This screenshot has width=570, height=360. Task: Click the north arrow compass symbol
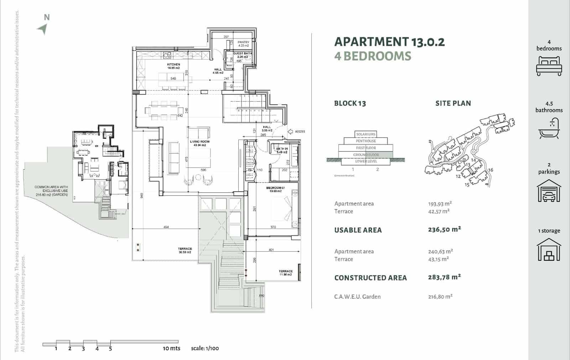[43, 29]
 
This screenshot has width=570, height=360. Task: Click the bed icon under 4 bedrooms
[549, 67]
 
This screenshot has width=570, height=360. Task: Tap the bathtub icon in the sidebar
[549, 129]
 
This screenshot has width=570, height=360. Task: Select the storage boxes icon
[549, 250]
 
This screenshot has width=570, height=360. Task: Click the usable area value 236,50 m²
[444, 229]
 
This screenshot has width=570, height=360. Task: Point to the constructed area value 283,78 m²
[444, 277]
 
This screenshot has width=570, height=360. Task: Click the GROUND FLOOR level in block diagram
[366, 155]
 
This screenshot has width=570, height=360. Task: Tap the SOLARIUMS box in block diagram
[366, 134]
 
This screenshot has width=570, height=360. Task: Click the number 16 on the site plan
[491, 170]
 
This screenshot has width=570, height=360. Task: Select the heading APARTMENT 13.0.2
[389, 42]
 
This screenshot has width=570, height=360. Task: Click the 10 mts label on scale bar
[171, 348]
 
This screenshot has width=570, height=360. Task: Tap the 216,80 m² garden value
[440, 296]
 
